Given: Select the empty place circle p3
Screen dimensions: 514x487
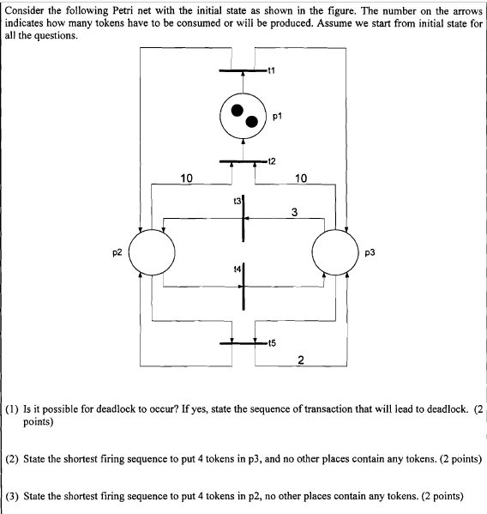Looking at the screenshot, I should point(335,252).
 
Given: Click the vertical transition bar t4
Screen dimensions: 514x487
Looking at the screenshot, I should point(243,286).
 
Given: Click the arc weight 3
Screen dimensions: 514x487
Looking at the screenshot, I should point(295,211).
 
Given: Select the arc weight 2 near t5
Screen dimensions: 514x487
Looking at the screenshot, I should point(300,359).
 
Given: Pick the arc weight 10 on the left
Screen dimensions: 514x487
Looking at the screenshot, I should point(187,178).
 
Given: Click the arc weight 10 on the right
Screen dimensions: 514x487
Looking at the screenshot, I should point(300,178).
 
